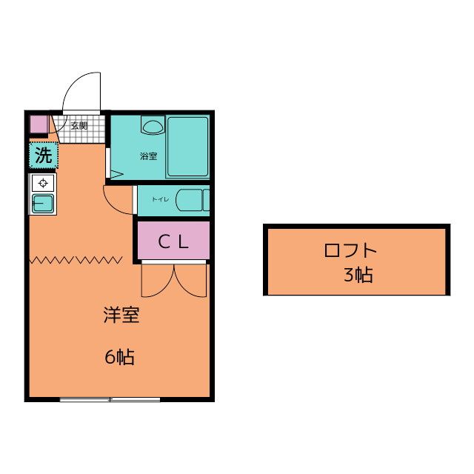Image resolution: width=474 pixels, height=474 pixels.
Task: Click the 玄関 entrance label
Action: pos(79,125)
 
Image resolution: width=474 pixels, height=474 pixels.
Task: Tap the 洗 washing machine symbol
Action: pos(44,156)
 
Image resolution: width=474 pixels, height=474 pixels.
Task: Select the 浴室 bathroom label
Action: pos(148,156)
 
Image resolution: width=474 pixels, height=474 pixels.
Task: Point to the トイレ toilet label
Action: pos(161,199)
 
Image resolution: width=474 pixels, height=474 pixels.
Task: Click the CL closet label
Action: pos(173,241)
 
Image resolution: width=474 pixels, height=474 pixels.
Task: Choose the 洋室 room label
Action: pos(121,316)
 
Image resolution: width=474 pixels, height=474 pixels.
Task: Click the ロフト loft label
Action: pos(351,250)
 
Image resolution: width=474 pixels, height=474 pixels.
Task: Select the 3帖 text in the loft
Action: pos(358,276)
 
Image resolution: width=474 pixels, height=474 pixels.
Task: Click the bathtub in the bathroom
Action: pos(187,147)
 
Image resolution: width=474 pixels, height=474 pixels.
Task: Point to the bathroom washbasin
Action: pos(153,126)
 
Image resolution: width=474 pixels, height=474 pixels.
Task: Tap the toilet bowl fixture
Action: pos(192,201)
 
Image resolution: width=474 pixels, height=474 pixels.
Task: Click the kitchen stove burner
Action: pos(43,183)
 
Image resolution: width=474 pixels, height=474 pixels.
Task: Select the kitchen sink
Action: pos(42,203)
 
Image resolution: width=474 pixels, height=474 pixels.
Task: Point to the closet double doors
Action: pos(174,280)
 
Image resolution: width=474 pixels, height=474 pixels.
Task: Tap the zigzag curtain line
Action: pos(76,259)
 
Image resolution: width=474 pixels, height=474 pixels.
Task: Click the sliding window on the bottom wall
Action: pos(110,400)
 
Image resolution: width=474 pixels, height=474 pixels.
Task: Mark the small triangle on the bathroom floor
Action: pos(116,175)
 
